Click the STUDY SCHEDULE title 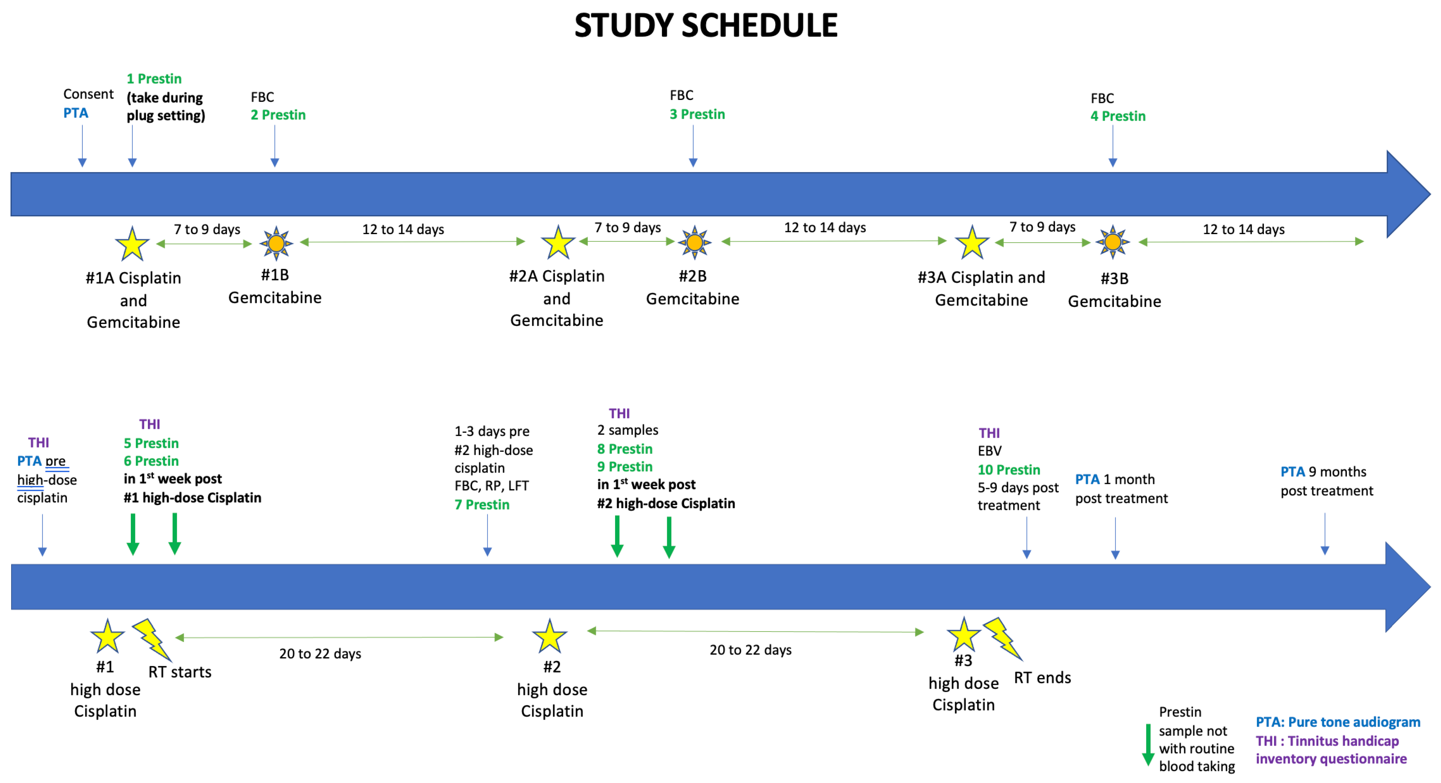(706, 26)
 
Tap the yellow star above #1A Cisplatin (132, 244)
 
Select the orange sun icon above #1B (276, 243)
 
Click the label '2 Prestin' (278, 115)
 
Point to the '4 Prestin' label (1118, 116)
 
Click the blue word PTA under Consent (75, 113)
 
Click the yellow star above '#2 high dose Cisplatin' (549, 636)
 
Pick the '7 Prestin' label (482, 505)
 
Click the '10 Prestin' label (1009, 470)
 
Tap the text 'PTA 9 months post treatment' (1326, 481)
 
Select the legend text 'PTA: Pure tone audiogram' (1338, 722)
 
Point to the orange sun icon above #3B (1113, 242)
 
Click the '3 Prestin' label (697, 114)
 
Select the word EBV (989, 451)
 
